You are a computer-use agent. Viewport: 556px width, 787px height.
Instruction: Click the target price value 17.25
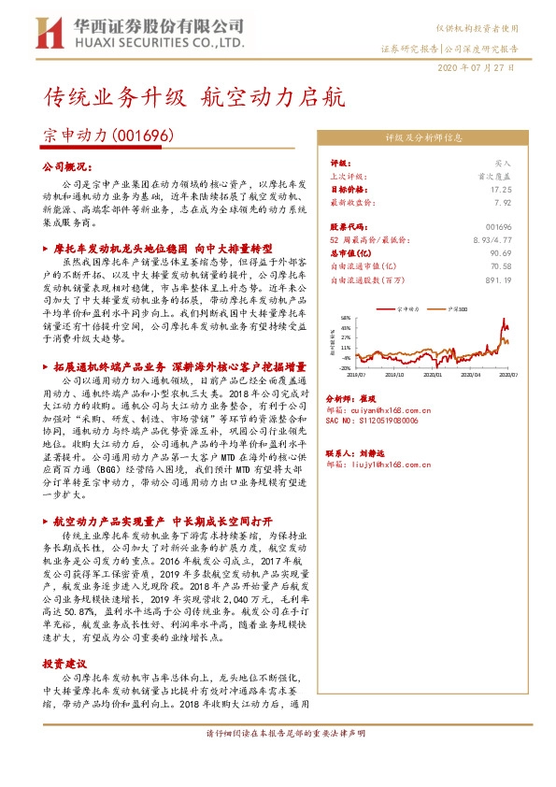pos(502,188)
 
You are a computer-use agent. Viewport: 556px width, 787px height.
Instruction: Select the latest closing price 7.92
pos(504,201)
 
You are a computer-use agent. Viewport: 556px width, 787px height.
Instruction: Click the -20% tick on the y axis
pos(345,367)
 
